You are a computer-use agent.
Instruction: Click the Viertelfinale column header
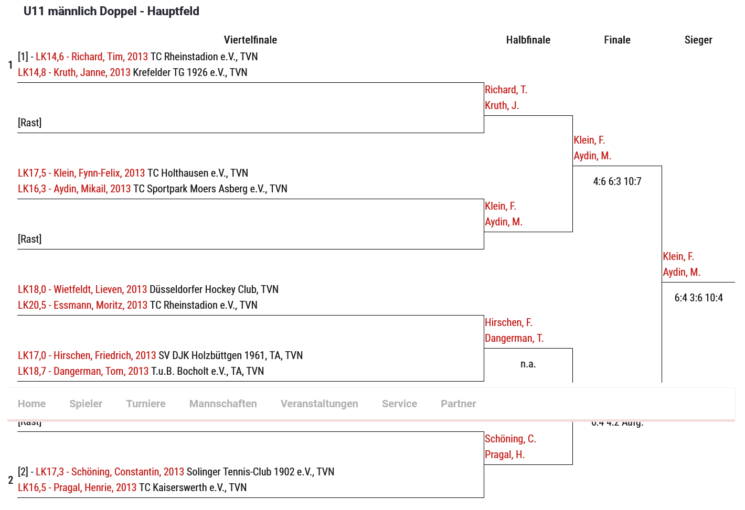click(x=250, y=40)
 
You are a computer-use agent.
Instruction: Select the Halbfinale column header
click(x=528, y=40)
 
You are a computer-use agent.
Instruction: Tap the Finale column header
click(x=617, y=40)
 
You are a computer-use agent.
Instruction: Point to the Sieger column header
click(x=698, y=40)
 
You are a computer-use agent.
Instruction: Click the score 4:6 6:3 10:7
click(x=617, y=181)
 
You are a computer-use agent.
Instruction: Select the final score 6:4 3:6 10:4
click(x=698, y=298)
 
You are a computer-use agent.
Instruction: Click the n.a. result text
click(x=528, y=364)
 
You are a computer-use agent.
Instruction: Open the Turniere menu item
click(x=146, y=404)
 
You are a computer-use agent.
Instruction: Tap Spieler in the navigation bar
click(x=86, y=404)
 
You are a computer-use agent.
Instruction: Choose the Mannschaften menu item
click(x=223, y=404)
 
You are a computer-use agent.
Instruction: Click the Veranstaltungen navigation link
click(x=319, y=404)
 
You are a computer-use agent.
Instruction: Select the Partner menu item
click(x=458, y=404)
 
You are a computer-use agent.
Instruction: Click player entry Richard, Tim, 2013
click(x=92, y=57)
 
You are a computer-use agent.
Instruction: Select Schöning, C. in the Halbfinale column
click(x=510, y=439)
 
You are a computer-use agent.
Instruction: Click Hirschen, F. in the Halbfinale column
click(x=508, y=322)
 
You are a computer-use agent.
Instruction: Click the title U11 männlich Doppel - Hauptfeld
click(x=111, y=11)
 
